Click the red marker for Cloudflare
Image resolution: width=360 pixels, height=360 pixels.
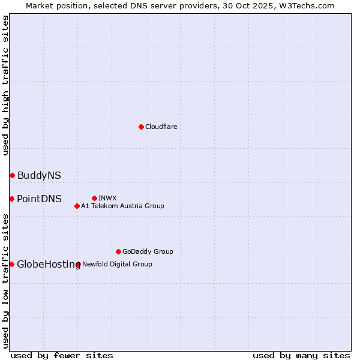pyautogui.click(x=141, y=127)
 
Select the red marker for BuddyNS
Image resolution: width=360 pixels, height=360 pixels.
pyautogui.click(x=12, y=175)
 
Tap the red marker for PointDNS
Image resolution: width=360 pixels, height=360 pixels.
pyautogui.click(x=11, y=199)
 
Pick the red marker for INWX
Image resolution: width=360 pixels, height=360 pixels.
pyautogui.click(x=94, y=198)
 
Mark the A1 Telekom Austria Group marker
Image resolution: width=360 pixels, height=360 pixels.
pyautogui.click(x=77, y=206)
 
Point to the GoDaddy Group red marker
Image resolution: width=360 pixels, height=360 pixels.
pyautogui.click(x=118, y=251)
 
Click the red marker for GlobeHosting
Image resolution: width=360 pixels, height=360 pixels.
pyautogui.click(x=11, y=264)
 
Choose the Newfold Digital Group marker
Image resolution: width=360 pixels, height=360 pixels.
pyautogui.click(x=78, y=264)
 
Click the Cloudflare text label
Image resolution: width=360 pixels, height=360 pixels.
pyautogui.click(x=161, y=127)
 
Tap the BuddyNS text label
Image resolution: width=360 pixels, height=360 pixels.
pyautogui.click(x=39, y=175)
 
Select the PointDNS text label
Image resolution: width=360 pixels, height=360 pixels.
pyautogui.click(x=39, y=199)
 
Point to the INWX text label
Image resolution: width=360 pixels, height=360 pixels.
pyautogui.click(x=107, y=198)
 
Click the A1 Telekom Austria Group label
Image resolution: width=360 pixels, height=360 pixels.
pyautogui.click(x=122, y=206)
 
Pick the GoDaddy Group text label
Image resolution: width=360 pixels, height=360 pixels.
pyautogui.click(x=148, y=251)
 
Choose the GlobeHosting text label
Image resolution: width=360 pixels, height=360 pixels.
pyautogui.click(x=49, y=264)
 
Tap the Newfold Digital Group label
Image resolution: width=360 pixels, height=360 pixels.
pyautogui.click(x=117, y=264)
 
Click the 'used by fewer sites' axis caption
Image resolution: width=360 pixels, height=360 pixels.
pyautogui.click(x=62, y=355)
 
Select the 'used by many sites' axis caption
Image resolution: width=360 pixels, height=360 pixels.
pyautogui.click(x=301, y=355)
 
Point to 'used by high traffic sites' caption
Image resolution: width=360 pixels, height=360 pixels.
pyautogui.click(x=5, y=85)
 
